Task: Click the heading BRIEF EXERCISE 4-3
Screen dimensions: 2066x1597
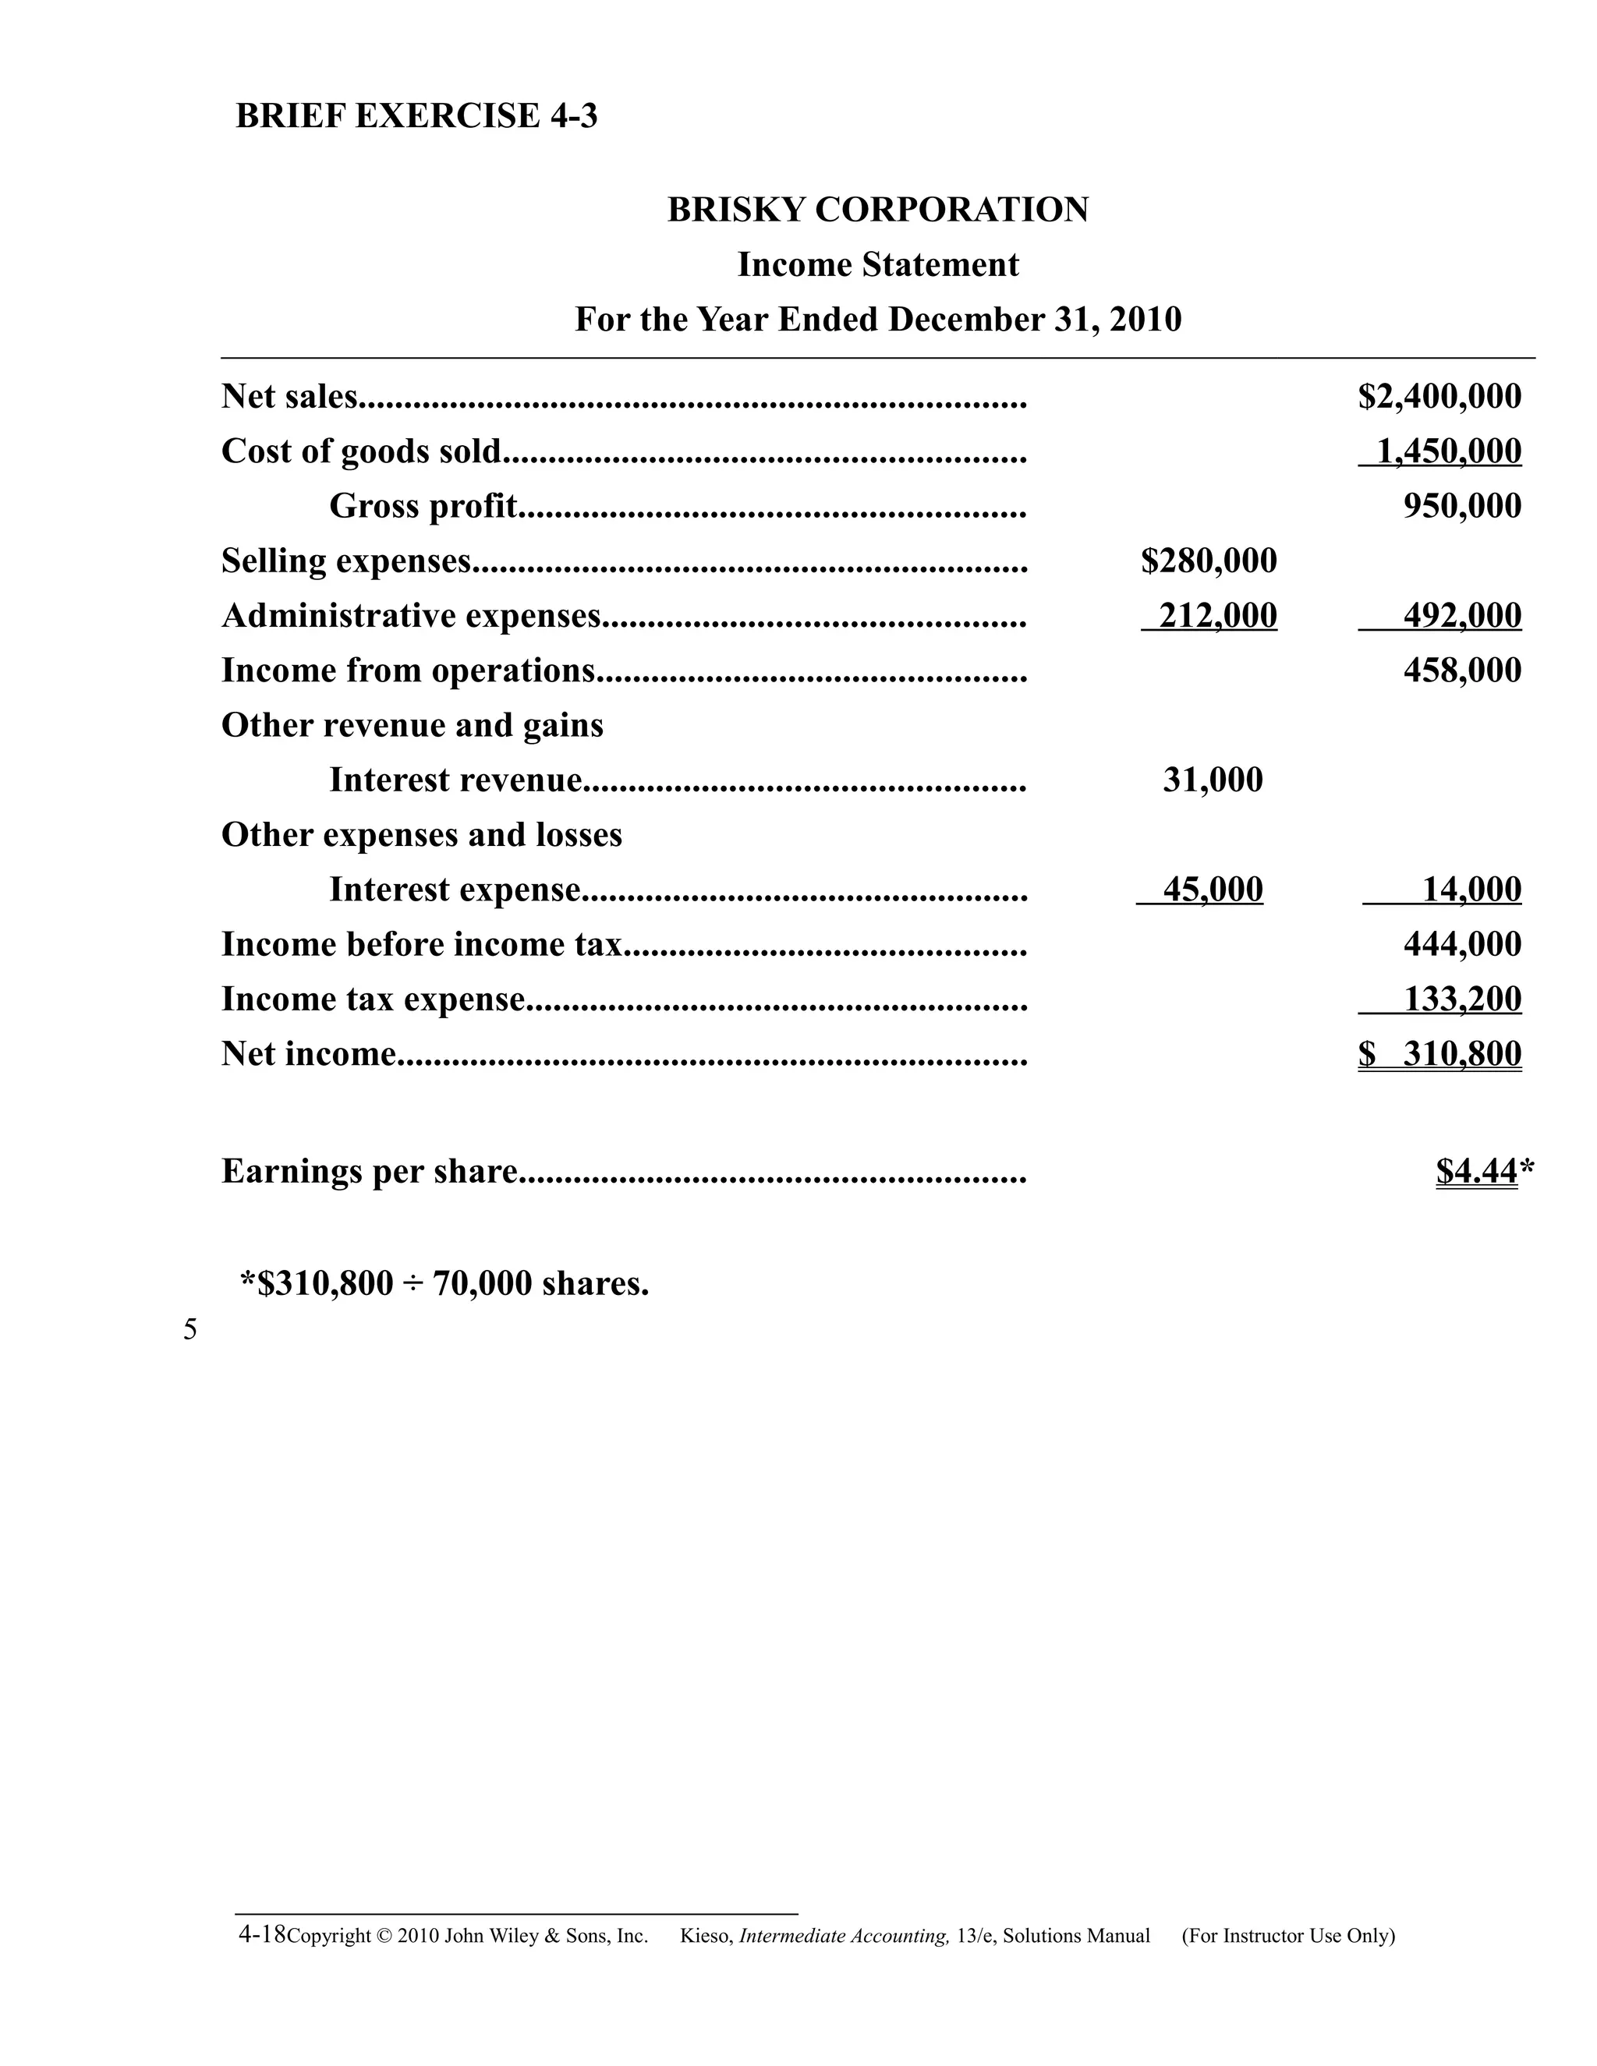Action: tap(416, 116)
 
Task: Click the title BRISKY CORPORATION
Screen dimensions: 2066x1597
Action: tap(877, 209)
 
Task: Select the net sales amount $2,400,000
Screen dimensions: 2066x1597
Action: tap(1439, 396)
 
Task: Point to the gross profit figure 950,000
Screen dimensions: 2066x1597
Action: tap(1462, 506)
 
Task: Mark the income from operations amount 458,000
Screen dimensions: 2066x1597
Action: tap(1462, 670)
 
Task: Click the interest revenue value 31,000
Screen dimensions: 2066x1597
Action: tap(1212, 780)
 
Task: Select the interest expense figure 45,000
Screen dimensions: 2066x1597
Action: tap(1212, 890)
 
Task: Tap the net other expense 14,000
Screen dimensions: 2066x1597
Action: tap(1472, 890)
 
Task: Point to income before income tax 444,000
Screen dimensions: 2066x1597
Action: tap(1462, 945)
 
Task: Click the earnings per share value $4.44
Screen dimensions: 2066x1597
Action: tap(1477, 1172)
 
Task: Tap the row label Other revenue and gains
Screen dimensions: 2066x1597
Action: tap(412, 726)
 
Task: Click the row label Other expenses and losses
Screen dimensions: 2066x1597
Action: tap(421, 835)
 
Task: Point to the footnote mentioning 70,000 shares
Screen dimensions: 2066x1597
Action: tap(444, 1284)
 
